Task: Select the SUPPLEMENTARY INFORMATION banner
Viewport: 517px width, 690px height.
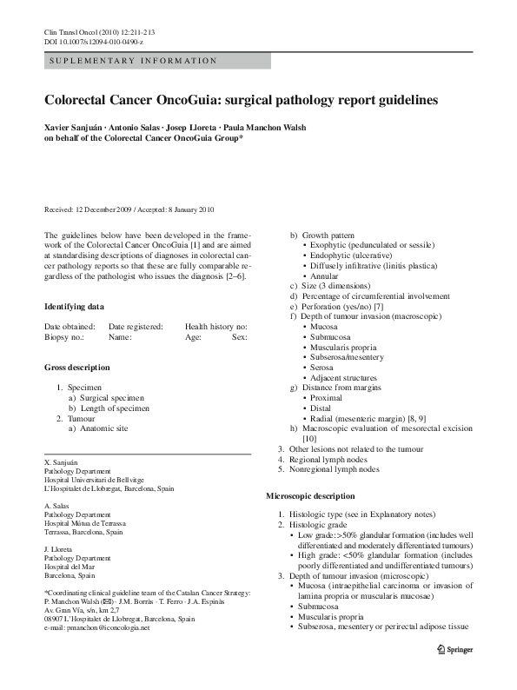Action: [156, 61]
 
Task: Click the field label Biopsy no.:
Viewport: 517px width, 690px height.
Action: [64, 337]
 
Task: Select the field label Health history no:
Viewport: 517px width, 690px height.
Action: [215, 326]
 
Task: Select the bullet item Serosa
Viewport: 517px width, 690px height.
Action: [322, 368]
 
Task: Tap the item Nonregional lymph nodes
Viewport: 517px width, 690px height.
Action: [334, 469]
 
